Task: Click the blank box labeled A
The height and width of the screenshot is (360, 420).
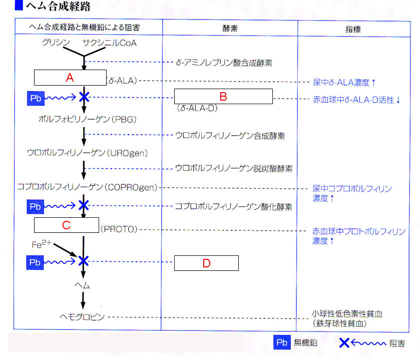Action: coord(70,78)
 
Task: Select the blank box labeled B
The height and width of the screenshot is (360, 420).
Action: coord(223,96)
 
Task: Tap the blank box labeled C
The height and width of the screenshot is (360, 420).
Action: coord(66,225)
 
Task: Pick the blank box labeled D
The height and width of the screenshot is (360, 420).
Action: coord(206,263)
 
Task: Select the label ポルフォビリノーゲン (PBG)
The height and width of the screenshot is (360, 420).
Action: coord(87,120)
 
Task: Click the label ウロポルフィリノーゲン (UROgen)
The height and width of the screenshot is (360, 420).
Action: coord(87,152)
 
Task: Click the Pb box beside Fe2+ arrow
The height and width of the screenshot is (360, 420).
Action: coord(36,262)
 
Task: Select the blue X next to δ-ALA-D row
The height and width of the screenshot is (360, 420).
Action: coord(84,98)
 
